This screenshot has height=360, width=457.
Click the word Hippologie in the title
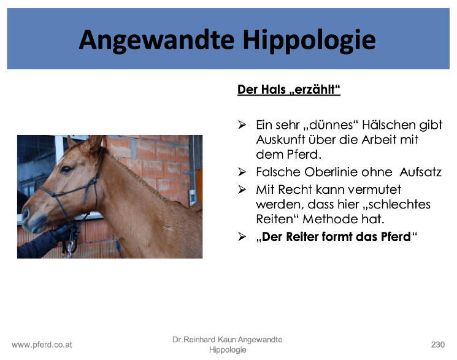click(x=309, y=41)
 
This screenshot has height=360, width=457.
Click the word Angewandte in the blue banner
click(x=156, y=41)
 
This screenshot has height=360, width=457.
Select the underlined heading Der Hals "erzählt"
click(x=289, y=90)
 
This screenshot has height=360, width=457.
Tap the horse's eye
click(x=66, y=169)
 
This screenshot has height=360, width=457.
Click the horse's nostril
click(x=25, y=214)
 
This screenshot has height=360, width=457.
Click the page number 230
click(x=438, y=345)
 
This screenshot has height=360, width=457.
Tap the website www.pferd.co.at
click(x=42, y=345)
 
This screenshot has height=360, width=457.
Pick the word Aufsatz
click(x=421, y=172)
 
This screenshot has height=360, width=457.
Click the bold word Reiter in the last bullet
click(x=302, y=237)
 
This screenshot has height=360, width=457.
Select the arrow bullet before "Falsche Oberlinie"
click(x=242, y=172)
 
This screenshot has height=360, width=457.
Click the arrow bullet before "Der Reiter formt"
click(x=242, y=237)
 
